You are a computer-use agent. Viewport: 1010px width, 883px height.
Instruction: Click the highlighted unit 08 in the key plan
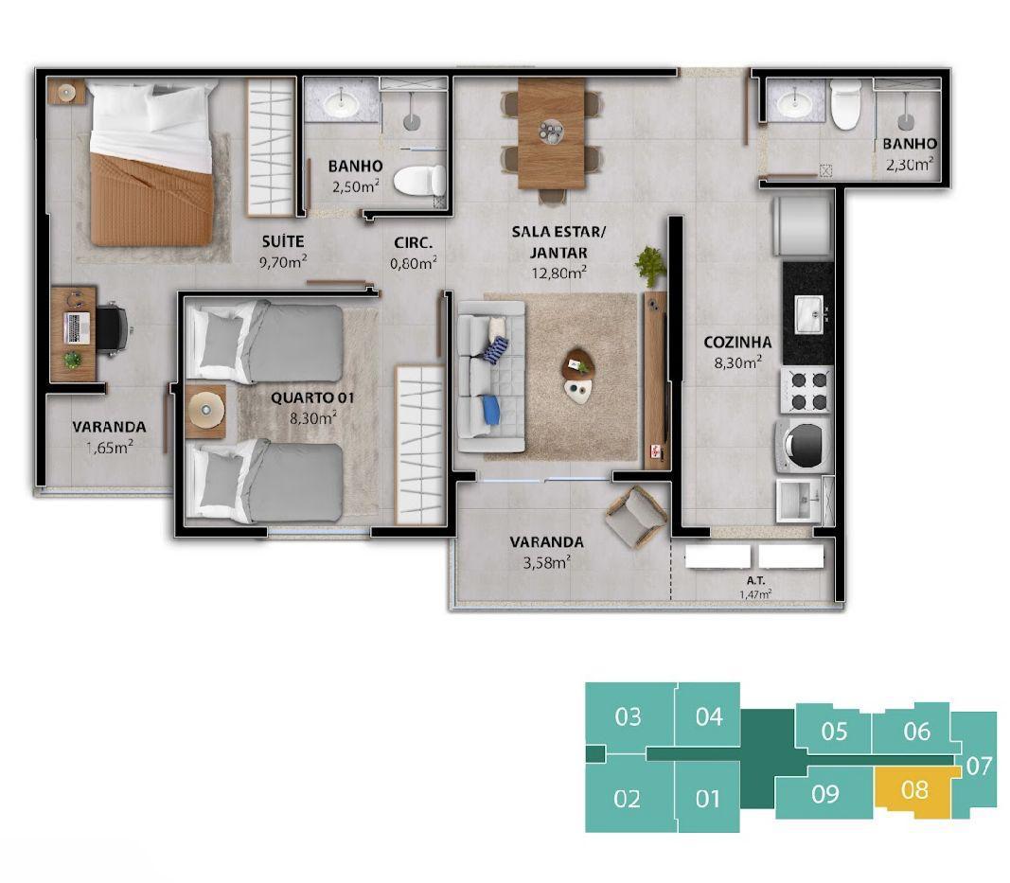click(914, 791)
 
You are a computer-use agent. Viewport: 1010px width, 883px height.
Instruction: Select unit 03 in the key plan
click(628, 716)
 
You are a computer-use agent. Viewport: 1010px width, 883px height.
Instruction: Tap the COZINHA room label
click(737, 342)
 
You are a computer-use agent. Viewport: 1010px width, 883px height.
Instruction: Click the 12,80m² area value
click(558, 273)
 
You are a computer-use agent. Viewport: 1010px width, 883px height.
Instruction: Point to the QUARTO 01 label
click(312, 398)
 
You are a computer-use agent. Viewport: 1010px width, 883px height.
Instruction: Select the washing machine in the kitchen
click(805, 444)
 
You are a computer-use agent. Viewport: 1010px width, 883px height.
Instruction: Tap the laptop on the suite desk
click(78, 327)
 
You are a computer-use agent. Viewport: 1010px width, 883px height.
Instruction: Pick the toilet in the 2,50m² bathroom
click(419, 181)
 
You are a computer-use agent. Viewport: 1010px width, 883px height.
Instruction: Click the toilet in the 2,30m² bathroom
click(845, 104)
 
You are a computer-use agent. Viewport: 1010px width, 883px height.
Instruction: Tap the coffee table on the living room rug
click(577, 376)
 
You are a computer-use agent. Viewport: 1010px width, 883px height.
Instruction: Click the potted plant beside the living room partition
click(650, 265)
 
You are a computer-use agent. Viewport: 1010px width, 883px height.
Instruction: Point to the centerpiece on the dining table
click(551, 132)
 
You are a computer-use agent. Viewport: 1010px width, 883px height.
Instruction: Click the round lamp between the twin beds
click(205, 410)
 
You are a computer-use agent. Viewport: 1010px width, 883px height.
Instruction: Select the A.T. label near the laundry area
click(755, 580)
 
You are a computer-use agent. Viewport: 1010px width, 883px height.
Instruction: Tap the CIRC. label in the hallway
click(414, 243)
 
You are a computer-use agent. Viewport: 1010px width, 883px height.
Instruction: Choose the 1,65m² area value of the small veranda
click(110, 447)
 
